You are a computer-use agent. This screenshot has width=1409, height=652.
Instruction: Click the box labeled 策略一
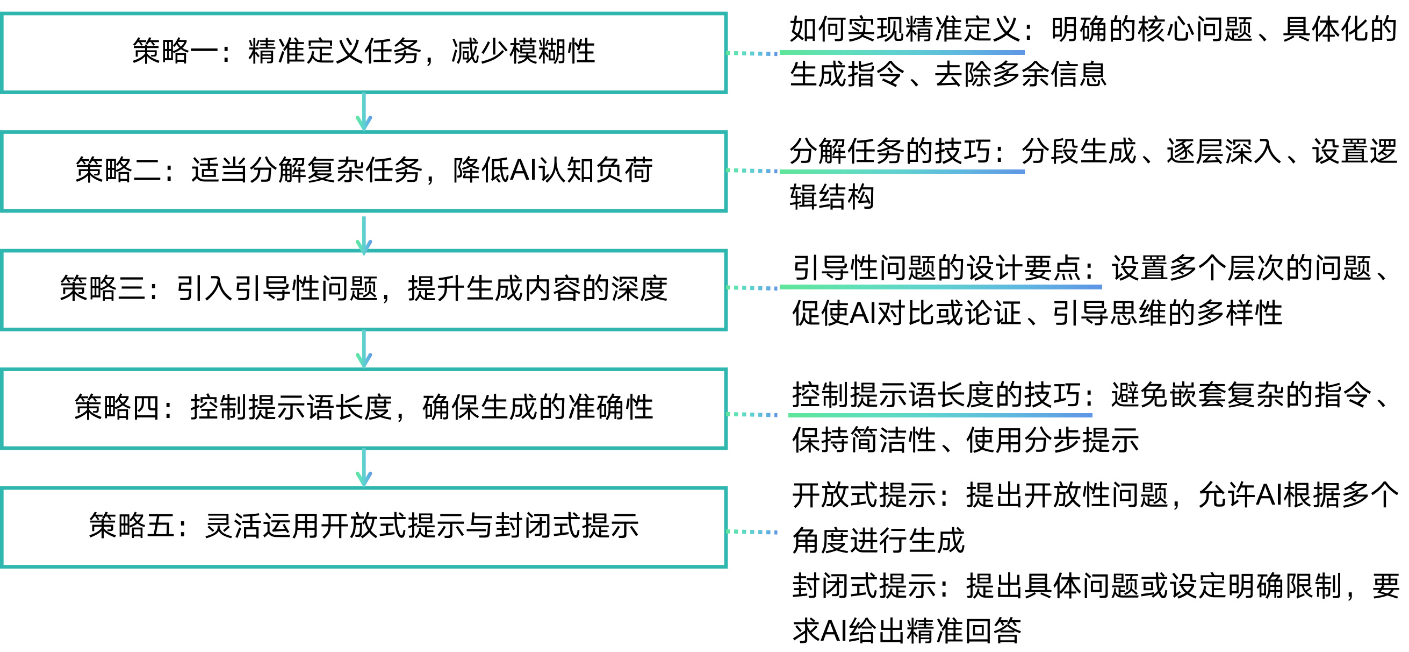click(x=364, y=52)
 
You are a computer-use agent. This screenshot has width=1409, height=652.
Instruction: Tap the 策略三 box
click(x=364, y=289)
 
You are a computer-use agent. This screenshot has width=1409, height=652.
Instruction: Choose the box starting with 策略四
click(x=364, y=408)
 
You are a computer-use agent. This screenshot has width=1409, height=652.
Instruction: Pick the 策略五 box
click(x=364, y=526)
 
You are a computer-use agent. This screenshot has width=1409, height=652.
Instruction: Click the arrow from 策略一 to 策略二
click(x=364, y=112)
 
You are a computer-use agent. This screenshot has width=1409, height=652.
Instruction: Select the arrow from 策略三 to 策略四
click(x=364, y=349)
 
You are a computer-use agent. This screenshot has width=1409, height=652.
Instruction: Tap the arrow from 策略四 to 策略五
click(x=364, y=468)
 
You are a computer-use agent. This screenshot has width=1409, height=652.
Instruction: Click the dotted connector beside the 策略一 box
click(x=752, y=53)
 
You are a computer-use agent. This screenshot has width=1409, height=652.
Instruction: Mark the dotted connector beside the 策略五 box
click(x=752, y=531)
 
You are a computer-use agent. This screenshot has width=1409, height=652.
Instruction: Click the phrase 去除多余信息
click(x=1020, y=75)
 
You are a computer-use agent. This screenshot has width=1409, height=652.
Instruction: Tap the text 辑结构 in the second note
click(x=832, y=197)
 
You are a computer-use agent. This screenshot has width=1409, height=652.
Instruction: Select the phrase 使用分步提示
click(x=1052, y=441)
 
